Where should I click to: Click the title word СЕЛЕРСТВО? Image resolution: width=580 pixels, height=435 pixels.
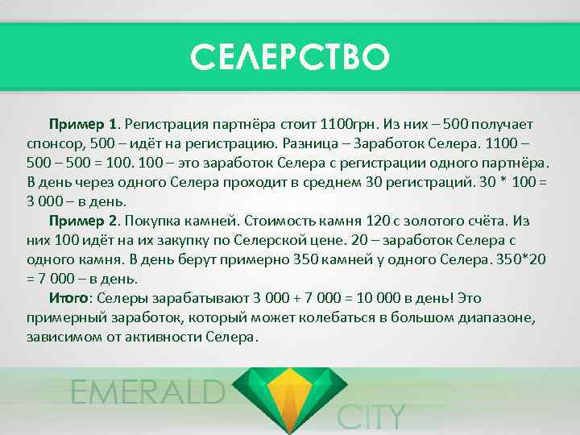tap(290, 57)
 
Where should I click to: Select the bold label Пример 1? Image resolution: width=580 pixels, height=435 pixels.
tap(84, 126)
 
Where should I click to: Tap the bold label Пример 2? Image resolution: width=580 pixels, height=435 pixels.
tap(84, 221)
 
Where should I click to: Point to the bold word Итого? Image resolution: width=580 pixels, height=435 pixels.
tap(68, 298)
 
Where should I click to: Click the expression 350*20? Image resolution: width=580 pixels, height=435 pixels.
tap(527, 259)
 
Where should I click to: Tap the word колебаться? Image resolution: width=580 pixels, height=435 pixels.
tap(319, 317)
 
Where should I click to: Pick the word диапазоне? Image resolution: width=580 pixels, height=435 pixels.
tap(478, 317)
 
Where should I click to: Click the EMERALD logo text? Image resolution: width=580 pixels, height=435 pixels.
tap(147, 392)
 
